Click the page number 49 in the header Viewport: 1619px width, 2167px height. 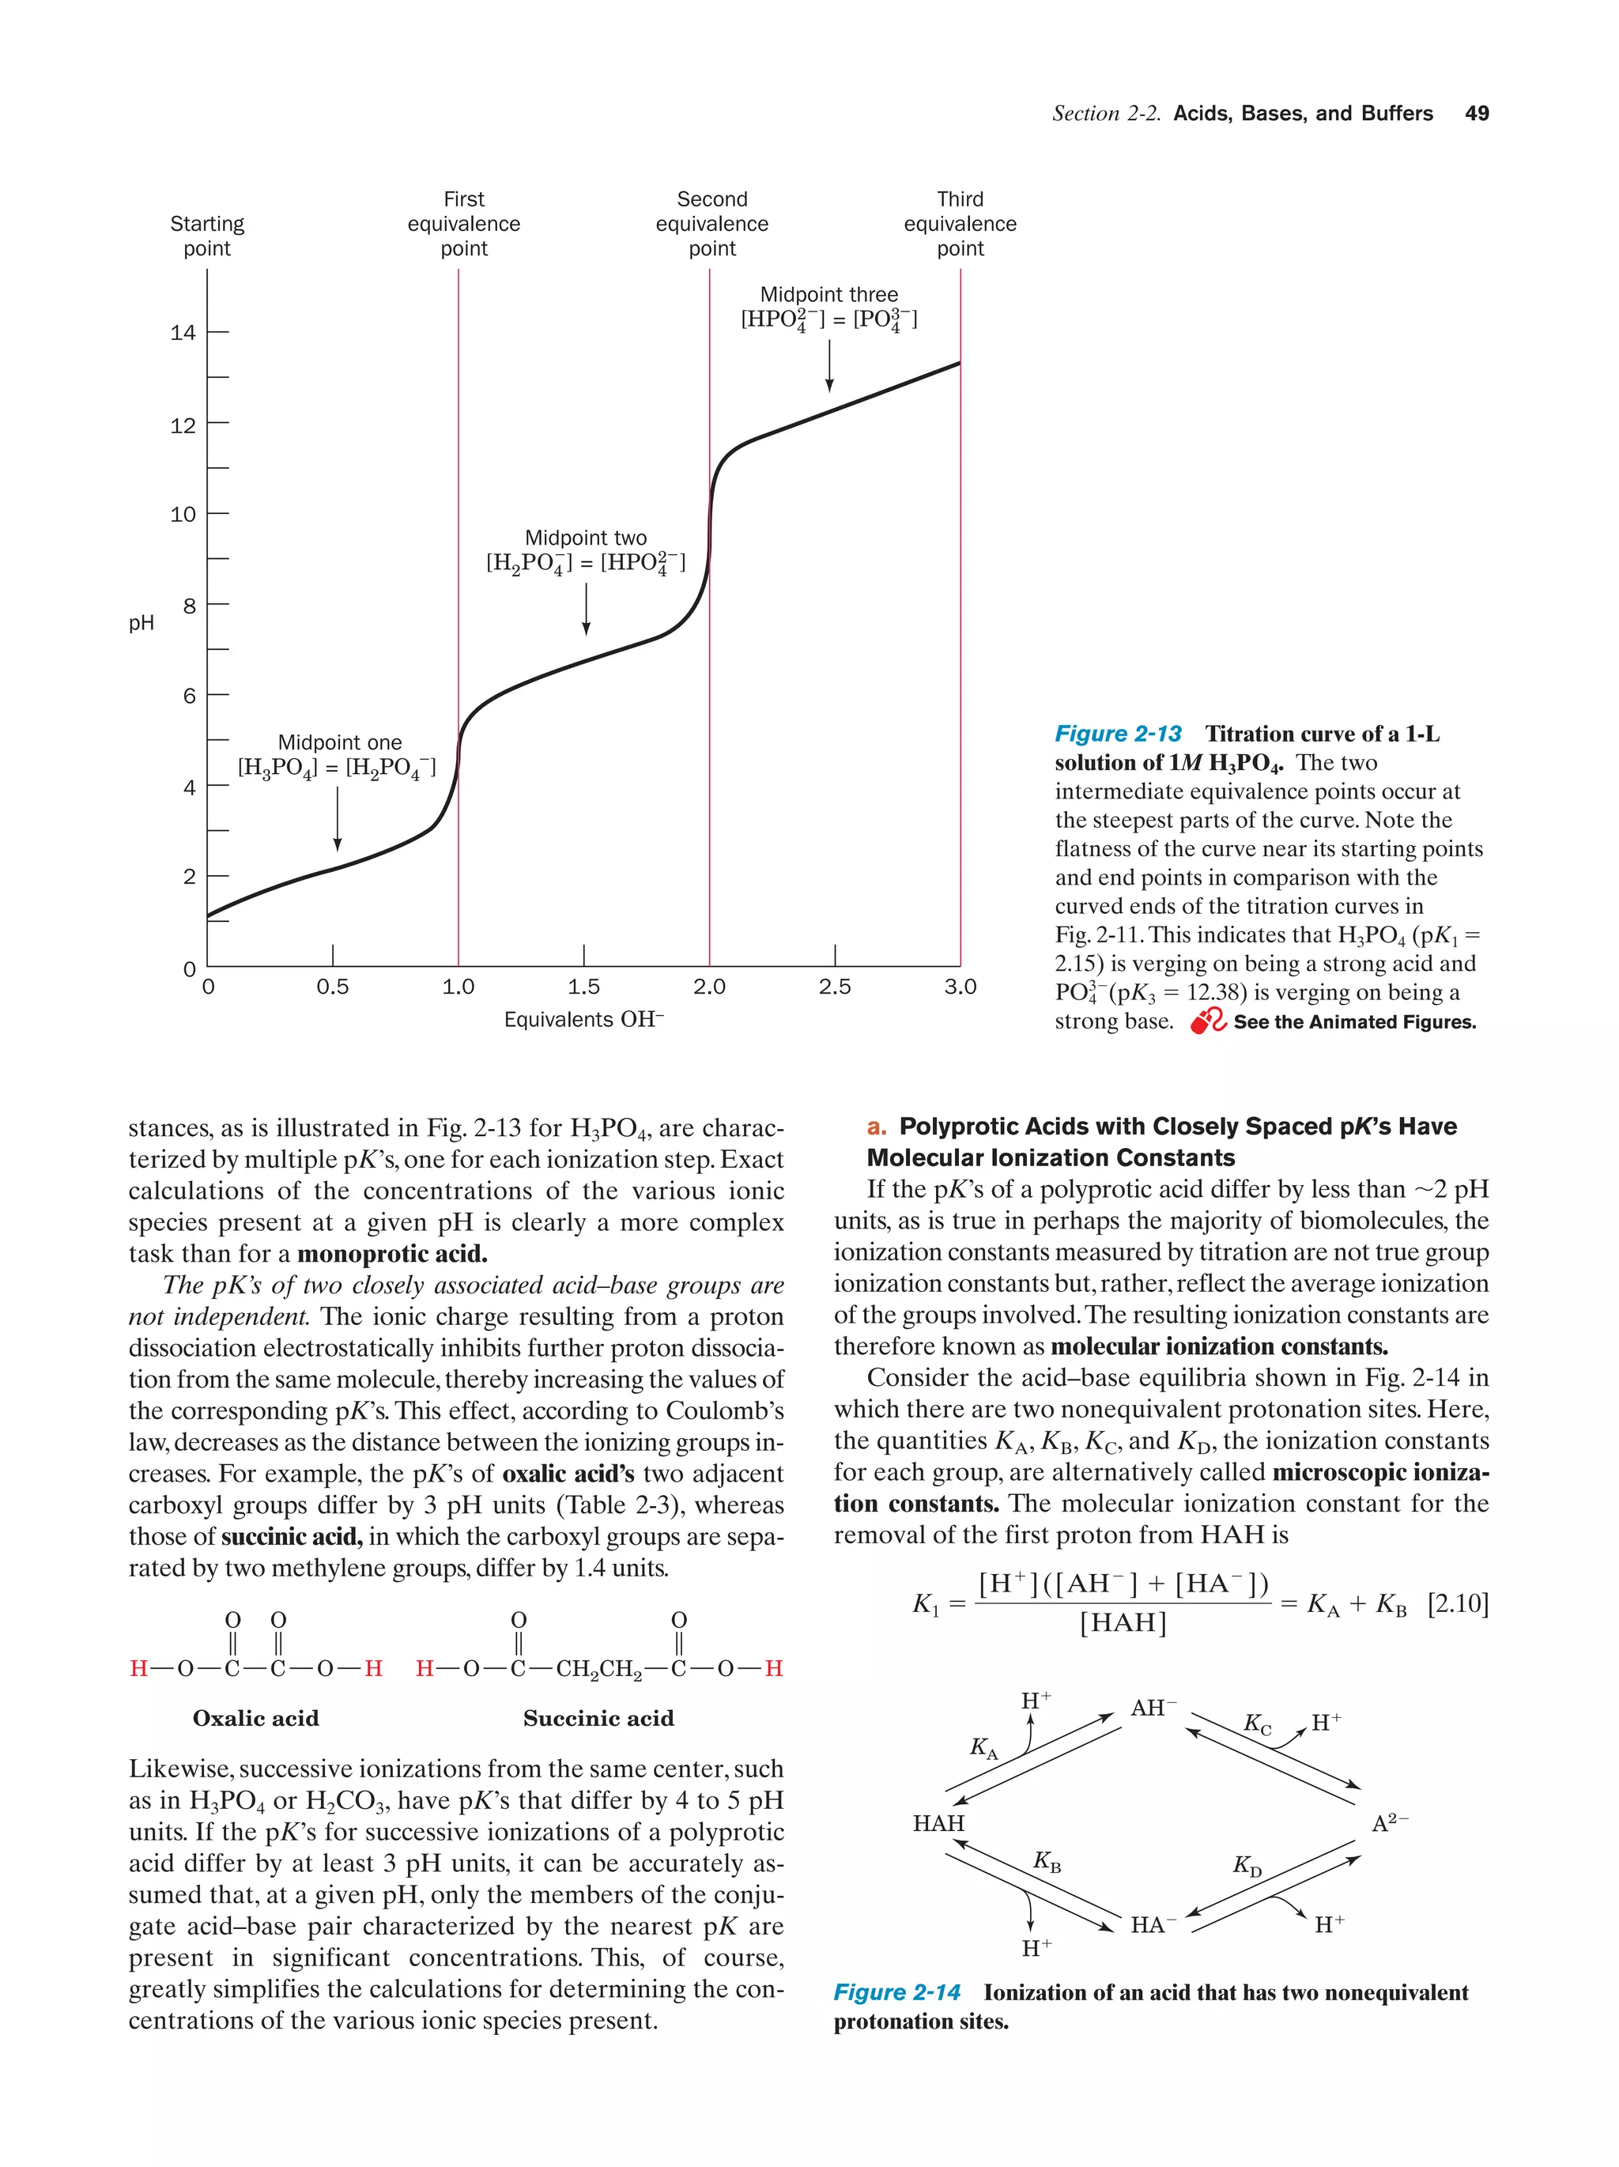click(1476, 114)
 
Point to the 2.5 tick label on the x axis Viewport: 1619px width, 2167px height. click(835, 987)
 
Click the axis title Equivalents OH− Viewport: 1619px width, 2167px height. click(583, 1020)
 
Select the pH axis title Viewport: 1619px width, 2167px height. click(141, 623)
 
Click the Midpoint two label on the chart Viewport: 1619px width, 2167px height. click(586, 538)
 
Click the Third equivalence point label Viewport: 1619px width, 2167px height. click(960, 225)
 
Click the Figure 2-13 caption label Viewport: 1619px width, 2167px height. click(1118, 734)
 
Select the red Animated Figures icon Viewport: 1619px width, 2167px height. click(1208, 1021)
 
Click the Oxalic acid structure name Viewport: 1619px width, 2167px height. click(255, 1718)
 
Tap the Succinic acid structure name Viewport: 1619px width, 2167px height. click(598, 1718)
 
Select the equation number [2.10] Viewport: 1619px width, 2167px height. click(1458, 1603)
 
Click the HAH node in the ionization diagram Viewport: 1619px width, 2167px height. click(938, 1823)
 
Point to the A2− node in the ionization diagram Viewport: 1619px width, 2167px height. click(1389, 1823)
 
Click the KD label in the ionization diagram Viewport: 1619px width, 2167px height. click(1247, 1865)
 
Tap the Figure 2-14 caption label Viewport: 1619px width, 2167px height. click(896, 1992)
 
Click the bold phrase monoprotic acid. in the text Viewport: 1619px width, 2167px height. click(392, 1254)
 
